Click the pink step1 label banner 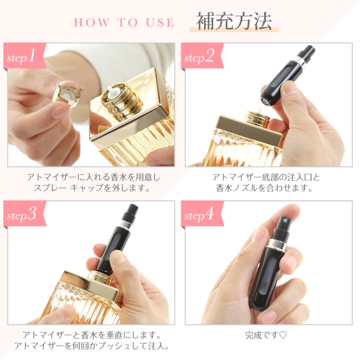(x=25, y=56)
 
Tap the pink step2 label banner (x=202, y=56)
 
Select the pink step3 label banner (x=25, y=214)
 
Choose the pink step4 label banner (x=202, y=214)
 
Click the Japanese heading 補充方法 (x=234, y=21)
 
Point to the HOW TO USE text (x=124, y=22)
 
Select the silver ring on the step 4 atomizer (x=277, y=244)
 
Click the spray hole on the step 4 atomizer (x=285, y=221)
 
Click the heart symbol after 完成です (x=283, y=335)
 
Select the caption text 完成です (x=262, y=335)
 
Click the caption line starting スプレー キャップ (x=92, y=188)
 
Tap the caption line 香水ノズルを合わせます (x=264, y=188)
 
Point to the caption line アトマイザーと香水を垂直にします (x=92, y=335)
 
